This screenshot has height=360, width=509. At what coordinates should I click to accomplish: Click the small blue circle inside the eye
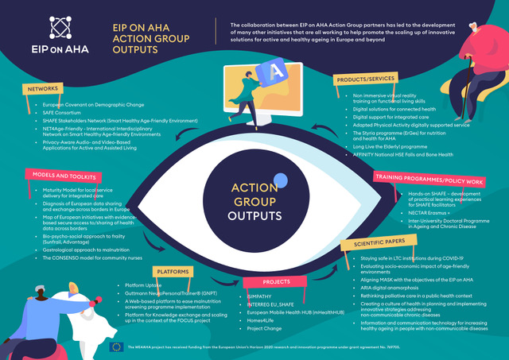(x=278, y=157)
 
